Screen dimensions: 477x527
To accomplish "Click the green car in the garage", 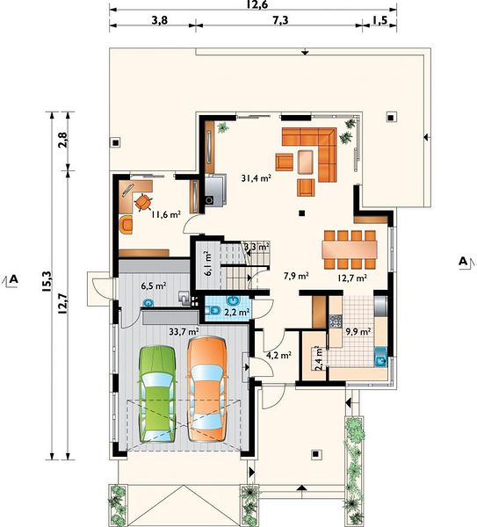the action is pyautogui.click(x=157, y=393).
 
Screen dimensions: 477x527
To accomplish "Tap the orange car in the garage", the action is pyautogui.click(x=206, y=388).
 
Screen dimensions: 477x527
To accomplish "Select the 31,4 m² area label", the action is pyautogui.click(x=257, y=177).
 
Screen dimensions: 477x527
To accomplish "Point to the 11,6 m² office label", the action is pyautogui.click(x=166, y=214).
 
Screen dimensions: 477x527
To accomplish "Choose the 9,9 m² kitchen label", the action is pyautogui.click(x=358, y=332).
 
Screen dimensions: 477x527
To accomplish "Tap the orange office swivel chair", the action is pyautogui.click(x=142, y=202).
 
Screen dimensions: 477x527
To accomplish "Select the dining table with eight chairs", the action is pyautogui.click(x=350, y=249).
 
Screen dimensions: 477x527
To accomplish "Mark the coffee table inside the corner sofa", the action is pyautogui.click(x=306, y=162).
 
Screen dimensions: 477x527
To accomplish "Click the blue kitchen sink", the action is pyautogui.click(x=381, y=357).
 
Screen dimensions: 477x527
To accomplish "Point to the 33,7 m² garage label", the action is pyautogui.click(x=184, y=332).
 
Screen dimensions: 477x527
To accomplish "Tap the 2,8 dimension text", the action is pyautogui.click(x=63, y=140).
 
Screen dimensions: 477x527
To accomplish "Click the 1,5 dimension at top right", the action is pyautogui.click(x=379, y=20).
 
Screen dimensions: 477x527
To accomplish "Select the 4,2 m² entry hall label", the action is pyautogui.click(x=278, y=355).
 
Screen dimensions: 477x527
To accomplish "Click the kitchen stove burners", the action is pyautogui.click(x=336, y=321).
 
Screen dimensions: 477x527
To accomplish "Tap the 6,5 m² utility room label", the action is pyautogui.click(x=153, y=286).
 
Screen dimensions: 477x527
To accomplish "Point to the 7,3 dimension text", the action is pyautogui.click(x=280, y=20).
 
